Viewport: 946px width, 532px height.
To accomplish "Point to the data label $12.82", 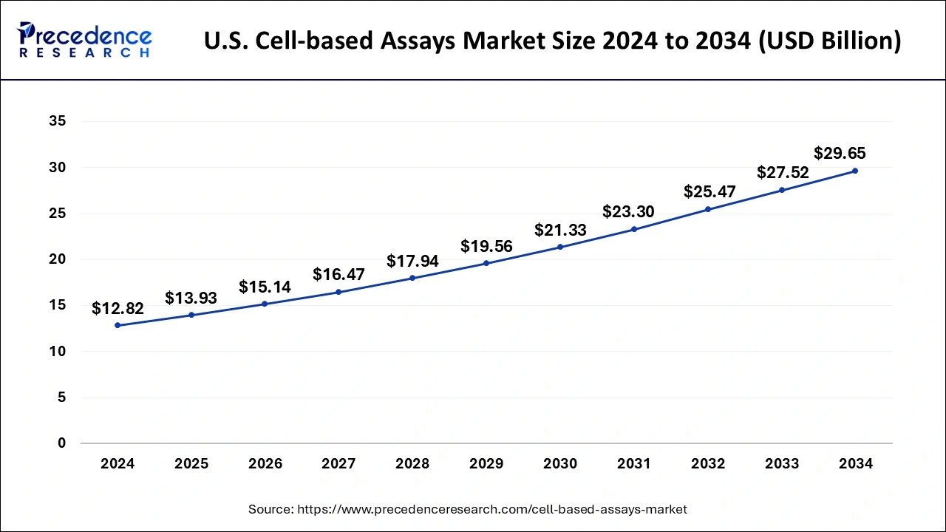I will click(x=118, y=309).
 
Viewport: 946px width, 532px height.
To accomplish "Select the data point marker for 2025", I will click(x=191, y=315).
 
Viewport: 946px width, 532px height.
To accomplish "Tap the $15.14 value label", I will click(x=265, y=287).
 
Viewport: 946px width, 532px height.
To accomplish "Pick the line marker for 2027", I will click(x=338, y=292).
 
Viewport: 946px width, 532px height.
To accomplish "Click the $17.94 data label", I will click(x=412, y=262).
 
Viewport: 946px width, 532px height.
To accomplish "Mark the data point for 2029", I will click(x=486, y=263).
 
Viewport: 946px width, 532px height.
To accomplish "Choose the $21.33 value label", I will click(x=560, y=230).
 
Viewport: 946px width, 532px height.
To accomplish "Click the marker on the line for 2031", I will click(x=634, y=229).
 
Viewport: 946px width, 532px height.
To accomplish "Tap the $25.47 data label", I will click(x=708, y=192).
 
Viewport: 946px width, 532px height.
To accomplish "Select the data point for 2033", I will click(x=782, y=190).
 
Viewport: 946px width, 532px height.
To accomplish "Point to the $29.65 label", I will click(x=840, y=154).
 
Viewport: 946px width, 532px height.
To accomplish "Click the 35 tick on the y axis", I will click(x=57, y=122).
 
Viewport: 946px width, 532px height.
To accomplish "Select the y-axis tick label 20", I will click(x=57, y=259).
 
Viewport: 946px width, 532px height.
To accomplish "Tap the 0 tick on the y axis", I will click(x=61, y=443).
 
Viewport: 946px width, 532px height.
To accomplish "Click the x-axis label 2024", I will click(x=118, y=464).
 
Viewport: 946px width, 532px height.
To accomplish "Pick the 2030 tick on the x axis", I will click(x=560, y=464).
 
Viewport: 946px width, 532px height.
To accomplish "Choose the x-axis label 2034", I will click(x=856, y=464).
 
